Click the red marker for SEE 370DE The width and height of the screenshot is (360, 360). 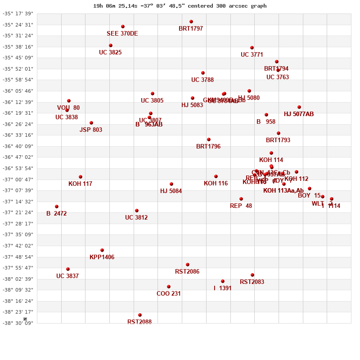pos(123,27)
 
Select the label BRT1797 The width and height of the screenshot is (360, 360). pos(191,29)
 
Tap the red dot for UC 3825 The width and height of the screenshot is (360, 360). pos(111,45)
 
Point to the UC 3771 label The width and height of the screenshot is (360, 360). pos(252,55)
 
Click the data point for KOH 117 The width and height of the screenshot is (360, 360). pos(81,177)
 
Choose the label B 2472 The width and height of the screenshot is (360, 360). pos(56,214)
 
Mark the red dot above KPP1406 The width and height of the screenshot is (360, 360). pos(102,250)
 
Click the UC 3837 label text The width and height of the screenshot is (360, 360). pos(67,276)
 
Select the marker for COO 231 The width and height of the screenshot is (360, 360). pos(169,287)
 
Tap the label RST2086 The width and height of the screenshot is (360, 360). pos(187,272)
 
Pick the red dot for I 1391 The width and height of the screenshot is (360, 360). pos(223,281)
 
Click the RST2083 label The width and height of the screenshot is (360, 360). pos(252,282)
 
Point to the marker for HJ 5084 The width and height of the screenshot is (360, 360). pos(171,184)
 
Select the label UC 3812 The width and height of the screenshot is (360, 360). pos(136,218)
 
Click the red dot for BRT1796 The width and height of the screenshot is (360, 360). pos(209,139)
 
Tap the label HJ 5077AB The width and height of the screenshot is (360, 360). pos(299,114)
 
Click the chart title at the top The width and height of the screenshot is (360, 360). pos(180,6)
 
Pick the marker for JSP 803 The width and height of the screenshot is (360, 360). pos(91,123)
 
